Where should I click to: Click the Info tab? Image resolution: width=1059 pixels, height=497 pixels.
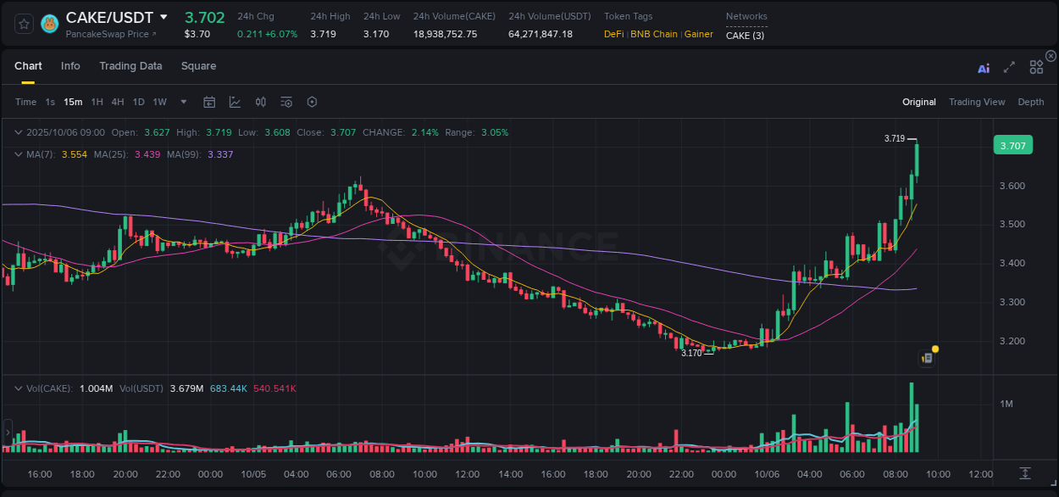point(70,66)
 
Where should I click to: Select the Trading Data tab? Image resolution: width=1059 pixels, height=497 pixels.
point(130,66)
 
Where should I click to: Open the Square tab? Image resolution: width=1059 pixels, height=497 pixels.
point(198,66)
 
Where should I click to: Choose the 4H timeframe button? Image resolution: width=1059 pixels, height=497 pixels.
point(118,102)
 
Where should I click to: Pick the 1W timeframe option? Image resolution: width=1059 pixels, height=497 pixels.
point(159,102)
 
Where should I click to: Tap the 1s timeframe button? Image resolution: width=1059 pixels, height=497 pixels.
point(50,102)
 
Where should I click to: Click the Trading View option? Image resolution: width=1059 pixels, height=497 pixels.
point(977,102)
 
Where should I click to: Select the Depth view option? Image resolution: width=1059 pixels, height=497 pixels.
point(1031,102)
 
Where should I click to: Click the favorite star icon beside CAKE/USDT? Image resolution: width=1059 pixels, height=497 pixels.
point(24,24)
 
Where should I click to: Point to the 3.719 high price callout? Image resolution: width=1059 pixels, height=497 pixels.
point(895,138)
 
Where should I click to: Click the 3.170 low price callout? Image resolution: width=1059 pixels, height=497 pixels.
point(691,353)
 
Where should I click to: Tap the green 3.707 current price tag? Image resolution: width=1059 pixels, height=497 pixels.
point(1012,146)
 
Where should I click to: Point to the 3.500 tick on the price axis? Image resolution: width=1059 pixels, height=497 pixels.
point(1012,225)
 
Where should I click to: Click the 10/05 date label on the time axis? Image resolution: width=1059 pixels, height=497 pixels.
point(253,474)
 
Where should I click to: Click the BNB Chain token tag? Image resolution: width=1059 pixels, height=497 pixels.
point(654,34)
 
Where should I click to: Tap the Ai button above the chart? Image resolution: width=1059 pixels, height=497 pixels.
point(984,68)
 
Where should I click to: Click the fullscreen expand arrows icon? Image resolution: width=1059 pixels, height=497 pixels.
point(1009,67)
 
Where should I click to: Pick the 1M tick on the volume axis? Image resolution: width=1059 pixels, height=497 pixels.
point(1006,404)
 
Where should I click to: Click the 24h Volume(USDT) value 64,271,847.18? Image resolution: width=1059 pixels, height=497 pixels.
point(541,34)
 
